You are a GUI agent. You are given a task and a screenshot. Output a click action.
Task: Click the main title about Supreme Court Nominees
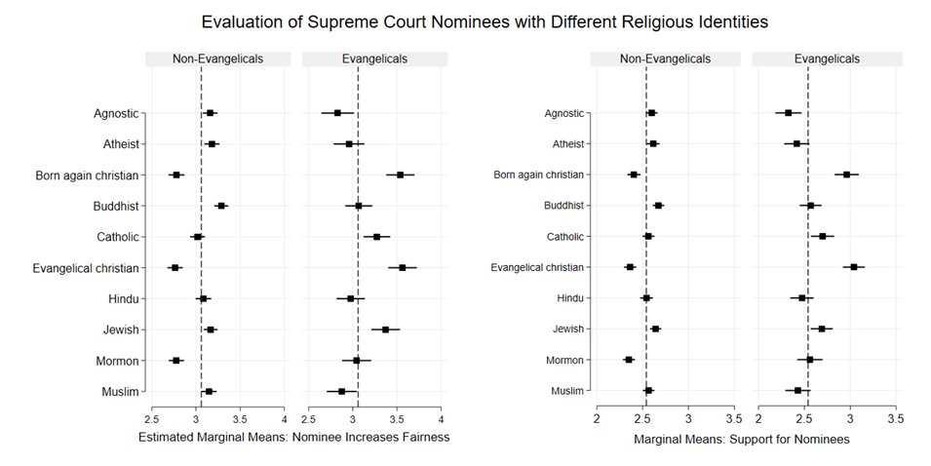[465, 20]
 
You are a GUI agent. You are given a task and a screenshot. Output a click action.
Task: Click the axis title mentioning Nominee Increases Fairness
[293, 438]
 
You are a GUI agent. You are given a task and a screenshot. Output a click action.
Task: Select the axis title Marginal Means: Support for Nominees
[742, 440]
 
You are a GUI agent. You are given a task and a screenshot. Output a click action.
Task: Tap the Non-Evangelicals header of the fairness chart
[218, 58]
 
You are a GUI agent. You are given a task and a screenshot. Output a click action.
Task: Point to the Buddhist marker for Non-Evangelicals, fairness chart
[221, 206]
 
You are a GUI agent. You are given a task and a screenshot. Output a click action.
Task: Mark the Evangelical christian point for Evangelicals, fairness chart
[402, 267]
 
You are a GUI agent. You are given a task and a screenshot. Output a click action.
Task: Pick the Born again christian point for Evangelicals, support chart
[846, 175]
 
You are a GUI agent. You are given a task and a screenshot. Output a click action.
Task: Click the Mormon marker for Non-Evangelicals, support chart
[629, 360]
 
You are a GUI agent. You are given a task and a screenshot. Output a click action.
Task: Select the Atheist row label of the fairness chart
[121, 144]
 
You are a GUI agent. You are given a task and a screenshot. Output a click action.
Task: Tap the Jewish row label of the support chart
[566, 330]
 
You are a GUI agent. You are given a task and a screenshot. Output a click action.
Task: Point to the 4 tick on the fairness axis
[284, 419]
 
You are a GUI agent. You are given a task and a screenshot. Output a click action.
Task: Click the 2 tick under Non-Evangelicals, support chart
[597, 419]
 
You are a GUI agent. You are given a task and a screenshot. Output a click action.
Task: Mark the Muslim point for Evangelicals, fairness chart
[342, 391]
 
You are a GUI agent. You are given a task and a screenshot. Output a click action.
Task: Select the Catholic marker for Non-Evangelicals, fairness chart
[197, 237]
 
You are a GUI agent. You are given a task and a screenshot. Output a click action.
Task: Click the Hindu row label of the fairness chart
[124, 298]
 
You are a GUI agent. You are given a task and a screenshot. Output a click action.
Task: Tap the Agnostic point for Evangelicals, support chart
[789, 113]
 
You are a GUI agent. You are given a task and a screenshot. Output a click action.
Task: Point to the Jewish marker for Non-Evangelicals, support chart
[655, 330]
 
